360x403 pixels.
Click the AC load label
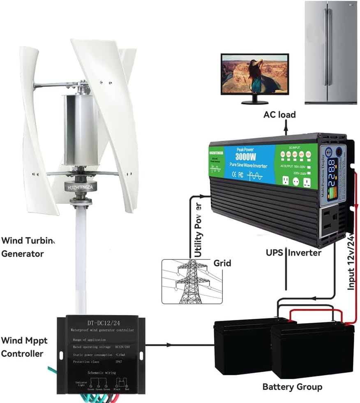tap(279, 114)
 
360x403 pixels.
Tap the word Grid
tap(222, 263)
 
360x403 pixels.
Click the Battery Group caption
tap(292, 387)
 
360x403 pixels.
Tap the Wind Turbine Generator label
tap(28, 247)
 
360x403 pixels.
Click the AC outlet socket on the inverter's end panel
tap(332, 221)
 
